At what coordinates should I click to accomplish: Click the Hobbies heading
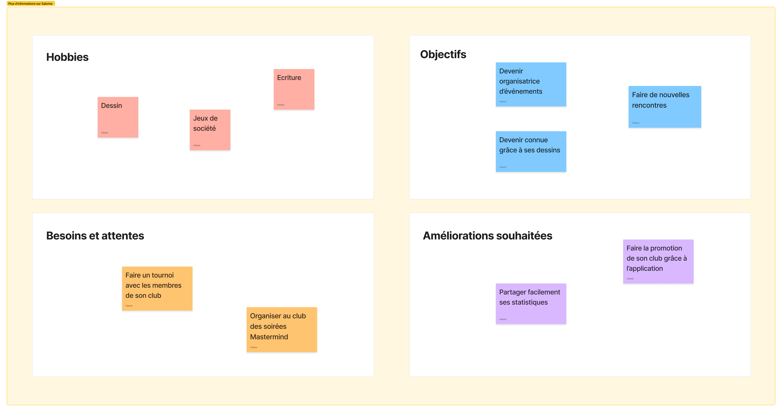tap(67, 57)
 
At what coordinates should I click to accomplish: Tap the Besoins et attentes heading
tap(95, 236)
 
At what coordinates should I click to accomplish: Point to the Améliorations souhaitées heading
tap(488, 236)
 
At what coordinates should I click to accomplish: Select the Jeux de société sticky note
tap(210, 130)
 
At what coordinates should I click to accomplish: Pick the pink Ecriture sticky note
tap(294, 89)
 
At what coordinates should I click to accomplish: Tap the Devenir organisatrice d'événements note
tap(531, 84)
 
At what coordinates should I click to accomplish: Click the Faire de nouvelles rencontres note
tap(665, 107)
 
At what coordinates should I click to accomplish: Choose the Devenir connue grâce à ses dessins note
tap(531, 152)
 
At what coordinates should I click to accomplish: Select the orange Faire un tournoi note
tap(157, 288)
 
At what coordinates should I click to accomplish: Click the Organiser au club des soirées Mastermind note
tap(282, 330)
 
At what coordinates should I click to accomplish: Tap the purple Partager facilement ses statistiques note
tap(531, 304)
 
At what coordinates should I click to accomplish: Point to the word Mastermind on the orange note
tap(269, 337)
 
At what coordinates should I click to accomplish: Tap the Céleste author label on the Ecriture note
tap(281, 105)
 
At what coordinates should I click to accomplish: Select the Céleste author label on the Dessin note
tap(104, 133)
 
